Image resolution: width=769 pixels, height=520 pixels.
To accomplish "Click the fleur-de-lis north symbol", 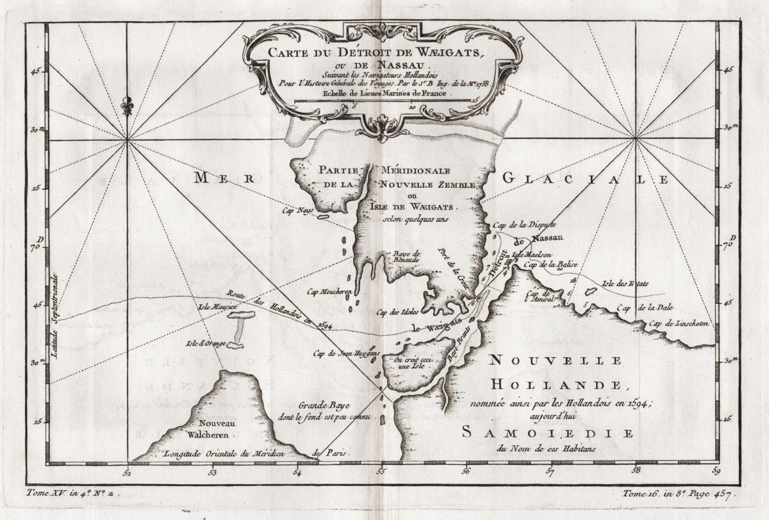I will pyautogui.click(x=128, y=105).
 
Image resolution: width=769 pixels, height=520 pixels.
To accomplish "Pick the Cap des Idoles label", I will pyautogui.click(x=397, y=312).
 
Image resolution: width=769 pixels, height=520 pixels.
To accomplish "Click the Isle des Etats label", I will pyautogui.click(x=625, y=283).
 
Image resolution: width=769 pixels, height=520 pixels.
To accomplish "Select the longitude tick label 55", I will pyautogui.click(x=381, y=473).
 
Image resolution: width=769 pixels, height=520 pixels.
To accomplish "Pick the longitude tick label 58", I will pyautogui.click(x=636, y=473).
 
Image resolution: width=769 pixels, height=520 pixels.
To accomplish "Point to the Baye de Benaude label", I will pyautogui.click(x=406, y=257).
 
